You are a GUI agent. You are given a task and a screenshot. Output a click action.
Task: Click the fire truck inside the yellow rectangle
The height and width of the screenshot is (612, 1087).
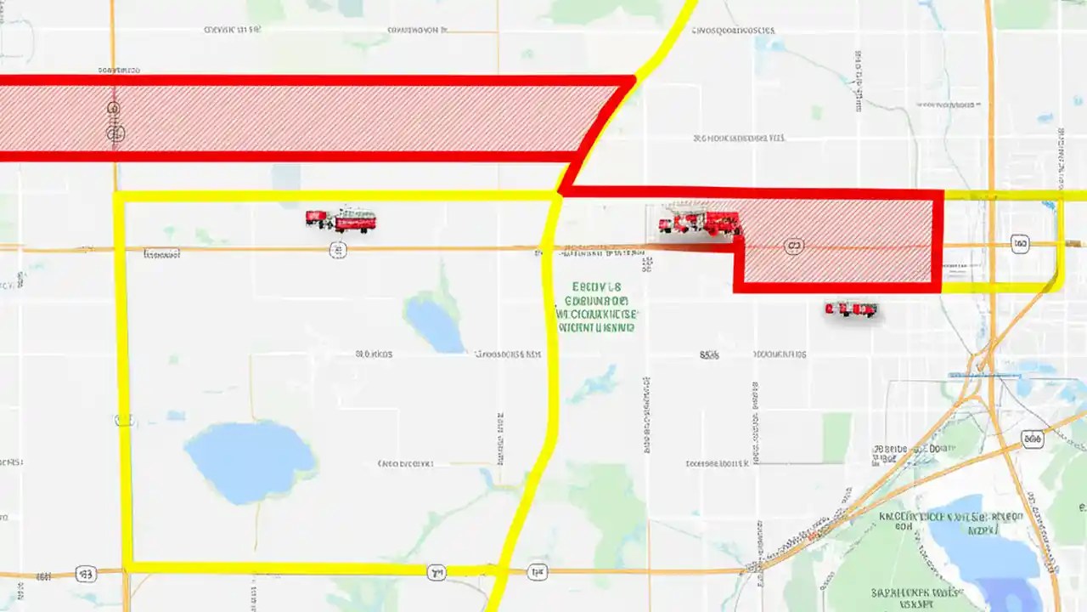(341, 220)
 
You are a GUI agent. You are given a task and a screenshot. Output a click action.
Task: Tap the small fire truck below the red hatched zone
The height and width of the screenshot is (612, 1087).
(851, 309)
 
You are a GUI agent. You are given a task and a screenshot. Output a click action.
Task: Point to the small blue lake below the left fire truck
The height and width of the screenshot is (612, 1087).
(434, 324)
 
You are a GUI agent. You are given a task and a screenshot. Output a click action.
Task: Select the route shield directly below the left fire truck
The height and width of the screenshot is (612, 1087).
(338, 250)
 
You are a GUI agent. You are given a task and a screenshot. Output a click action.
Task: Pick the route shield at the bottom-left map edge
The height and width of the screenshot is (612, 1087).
(85, 575)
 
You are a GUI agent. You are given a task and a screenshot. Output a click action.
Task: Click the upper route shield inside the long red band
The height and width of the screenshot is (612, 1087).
(114, 109)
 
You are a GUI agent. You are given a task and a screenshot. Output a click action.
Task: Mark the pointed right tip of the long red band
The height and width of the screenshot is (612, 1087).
(633, 81)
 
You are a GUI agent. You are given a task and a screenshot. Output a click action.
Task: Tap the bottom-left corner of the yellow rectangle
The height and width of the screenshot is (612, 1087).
(128, 567)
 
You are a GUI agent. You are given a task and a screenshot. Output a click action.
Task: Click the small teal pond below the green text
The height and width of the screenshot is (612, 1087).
(595, 383)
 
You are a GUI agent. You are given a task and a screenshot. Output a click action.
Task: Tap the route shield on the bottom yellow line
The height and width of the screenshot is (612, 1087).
(436, 572)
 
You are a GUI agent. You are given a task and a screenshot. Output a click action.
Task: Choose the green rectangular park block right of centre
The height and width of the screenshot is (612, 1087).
(836, 439)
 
